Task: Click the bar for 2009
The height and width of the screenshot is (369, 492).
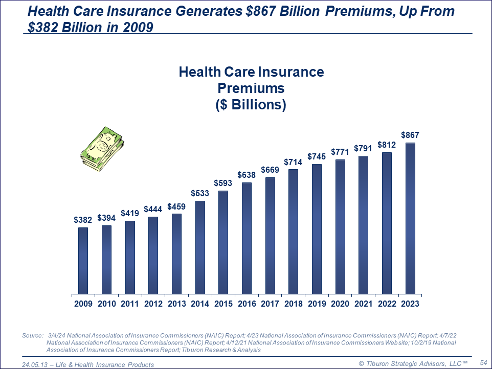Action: [83, 261]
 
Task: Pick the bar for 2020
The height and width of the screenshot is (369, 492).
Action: [340, 227]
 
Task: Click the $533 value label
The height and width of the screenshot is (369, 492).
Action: [200, 193]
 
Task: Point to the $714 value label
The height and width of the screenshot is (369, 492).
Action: [293, 162]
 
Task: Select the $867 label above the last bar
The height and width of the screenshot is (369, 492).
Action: [410, 135]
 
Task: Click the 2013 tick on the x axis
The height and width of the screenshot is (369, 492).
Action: [176, 304]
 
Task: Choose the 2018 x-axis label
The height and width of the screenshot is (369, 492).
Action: [293, 304]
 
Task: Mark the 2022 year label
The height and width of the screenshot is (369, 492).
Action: [387, 304]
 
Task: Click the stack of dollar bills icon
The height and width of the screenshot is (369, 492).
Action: [103, 149]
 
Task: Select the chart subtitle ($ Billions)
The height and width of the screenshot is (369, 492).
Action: [251, 105]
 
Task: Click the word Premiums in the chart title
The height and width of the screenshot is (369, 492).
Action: [251, 88]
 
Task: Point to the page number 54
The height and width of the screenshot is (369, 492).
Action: [483, 362]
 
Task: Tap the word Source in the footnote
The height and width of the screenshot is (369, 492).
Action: [32, 336]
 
